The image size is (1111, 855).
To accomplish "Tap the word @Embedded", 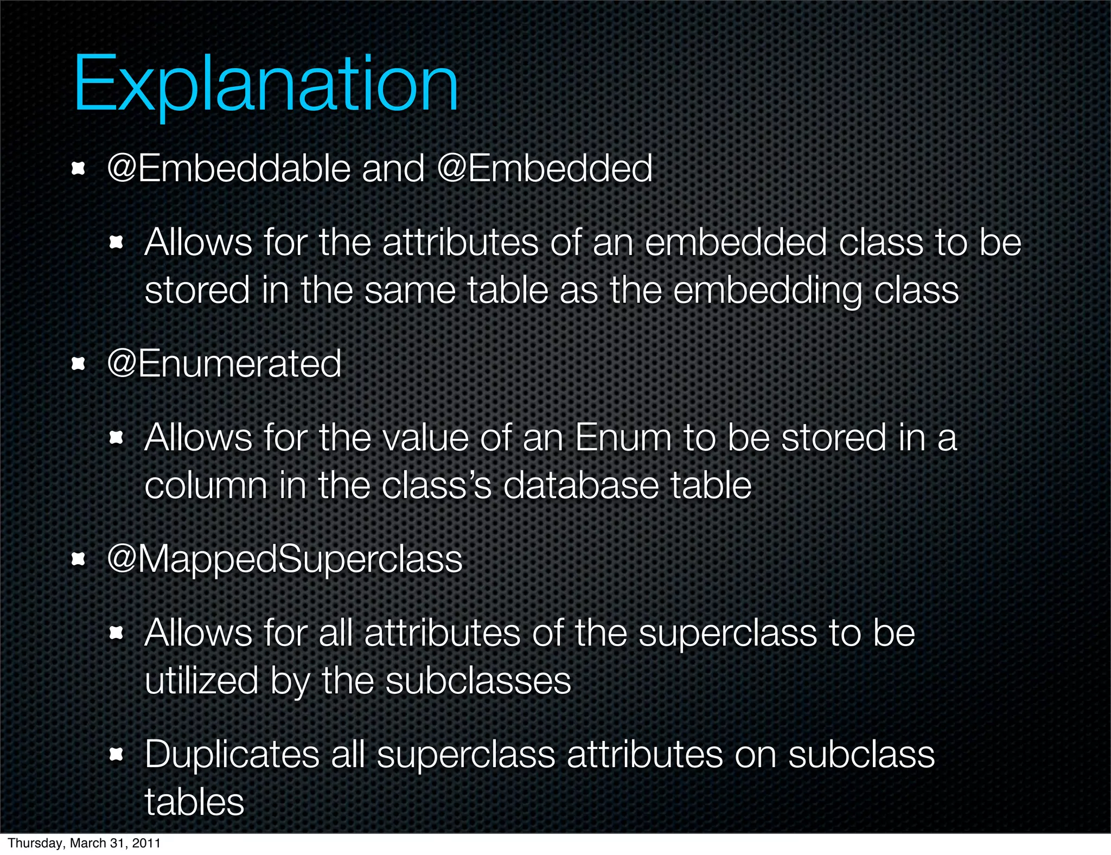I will pos(544,168).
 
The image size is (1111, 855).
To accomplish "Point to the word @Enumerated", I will pos(224,363).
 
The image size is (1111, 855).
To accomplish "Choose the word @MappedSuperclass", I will pos(285,559).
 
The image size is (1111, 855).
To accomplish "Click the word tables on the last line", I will pos(194,802).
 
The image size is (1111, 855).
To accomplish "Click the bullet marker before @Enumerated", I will pos(79,365).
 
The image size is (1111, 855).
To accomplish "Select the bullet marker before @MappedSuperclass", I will pos(79,560).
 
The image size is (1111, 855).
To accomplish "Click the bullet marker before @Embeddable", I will pos(79,169).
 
